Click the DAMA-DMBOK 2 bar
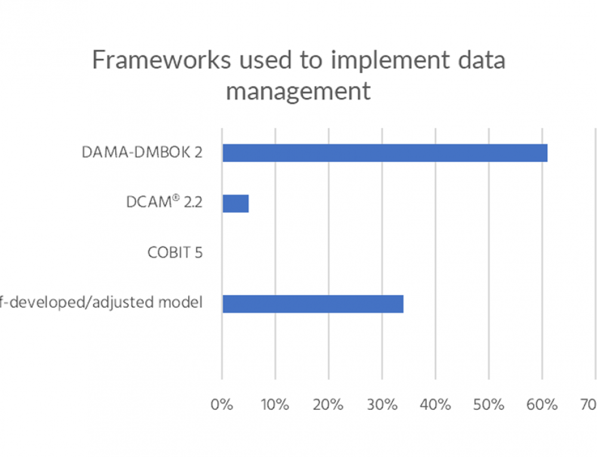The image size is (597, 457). click(384, 153)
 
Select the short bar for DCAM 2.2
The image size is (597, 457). click(235, 203)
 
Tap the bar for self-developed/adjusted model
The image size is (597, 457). click(312, 304)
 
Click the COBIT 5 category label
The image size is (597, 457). click(175, 252)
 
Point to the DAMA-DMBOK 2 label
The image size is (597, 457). click(142, 153)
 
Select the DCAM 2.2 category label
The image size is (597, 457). click(164, 203)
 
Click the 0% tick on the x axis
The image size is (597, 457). click(221, 405)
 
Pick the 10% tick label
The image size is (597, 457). click(275, 405)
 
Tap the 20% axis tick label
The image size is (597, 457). click(328, 405)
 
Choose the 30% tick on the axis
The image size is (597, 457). click(381, 405)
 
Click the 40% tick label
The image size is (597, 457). click(435, 405)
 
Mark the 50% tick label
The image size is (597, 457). click(488, 405)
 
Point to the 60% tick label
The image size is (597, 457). click(541, 405)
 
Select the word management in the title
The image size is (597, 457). click(298, 92)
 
